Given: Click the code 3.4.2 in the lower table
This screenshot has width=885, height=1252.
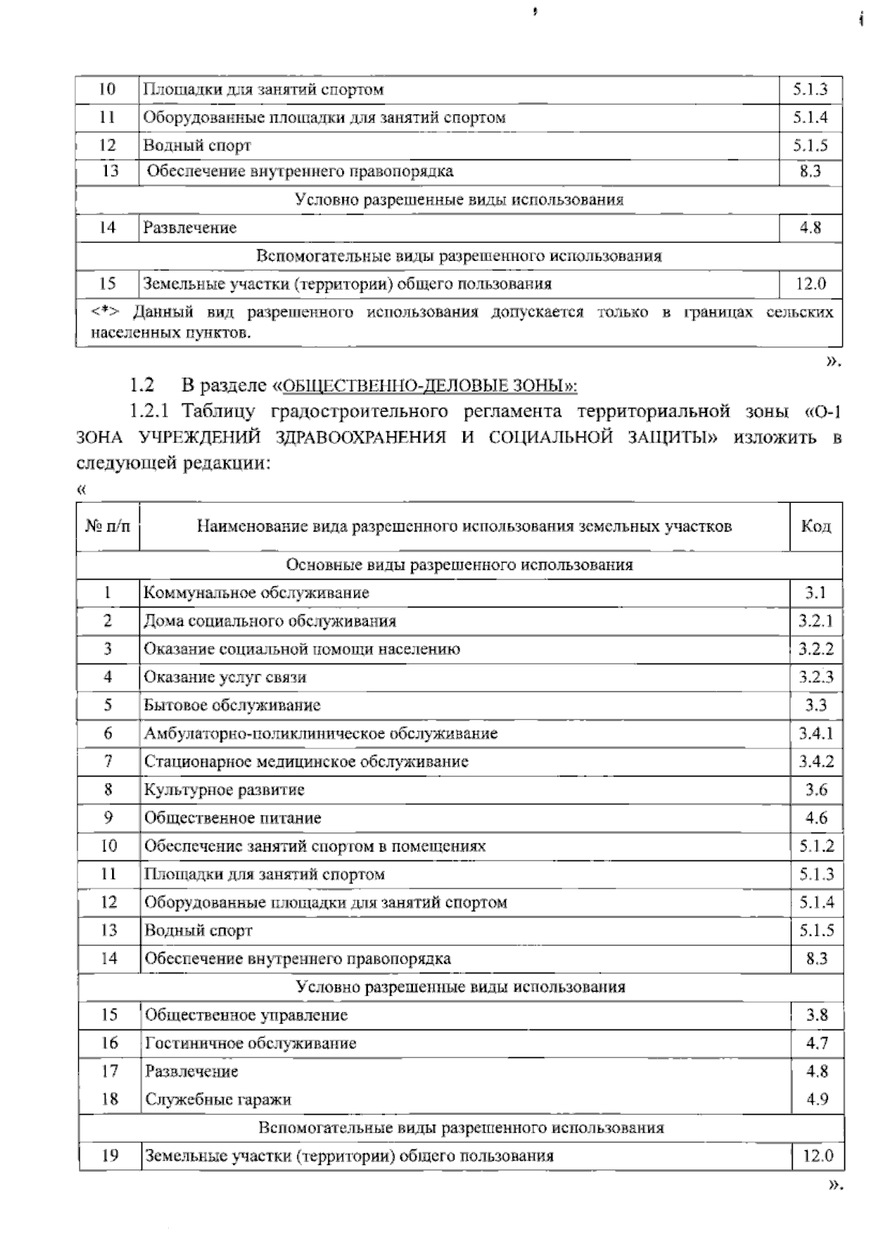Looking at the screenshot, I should tap(816, 762).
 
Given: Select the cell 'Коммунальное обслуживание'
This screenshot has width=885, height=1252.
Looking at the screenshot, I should tap(257, 593).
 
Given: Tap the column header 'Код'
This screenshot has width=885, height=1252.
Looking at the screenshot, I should tap(816, 526).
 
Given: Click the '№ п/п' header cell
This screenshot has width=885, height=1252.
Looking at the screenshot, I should tap(108, 526).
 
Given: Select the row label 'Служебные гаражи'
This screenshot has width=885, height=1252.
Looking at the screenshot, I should tap(218, 1099).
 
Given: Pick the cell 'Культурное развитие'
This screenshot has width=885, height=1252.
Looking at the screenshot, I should tap(224, 790).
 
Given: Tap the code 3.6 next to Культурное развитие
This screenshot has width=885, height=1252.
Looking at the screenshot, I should tap(816, 790).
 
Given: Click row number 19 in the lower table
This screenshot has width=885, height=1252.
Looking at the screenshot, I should tap(109, 1155).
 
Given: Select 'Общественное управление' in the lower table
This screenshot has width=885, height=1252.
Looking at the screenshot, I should tap(246, 1015).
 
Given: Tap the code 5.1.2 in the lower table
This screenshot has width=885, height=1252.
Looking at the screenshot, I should tap(816, 846).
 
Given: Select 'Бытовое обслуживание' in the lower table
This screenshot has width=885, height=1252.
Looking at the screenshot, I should tap(232, 706).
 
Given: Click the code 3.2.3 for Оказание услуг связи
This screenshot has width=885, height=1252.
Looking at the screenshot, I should tap(816, 678).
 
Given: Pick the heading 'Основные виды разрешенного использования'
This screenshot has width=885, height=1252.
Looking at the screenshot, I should tap(459, 565).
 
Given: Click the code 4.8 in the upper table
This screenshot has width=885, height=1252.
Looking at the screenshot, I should tap(810, 228).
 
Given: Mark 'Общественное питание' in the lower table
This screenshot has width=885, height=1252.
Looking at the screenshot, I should tap(233, 818).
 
